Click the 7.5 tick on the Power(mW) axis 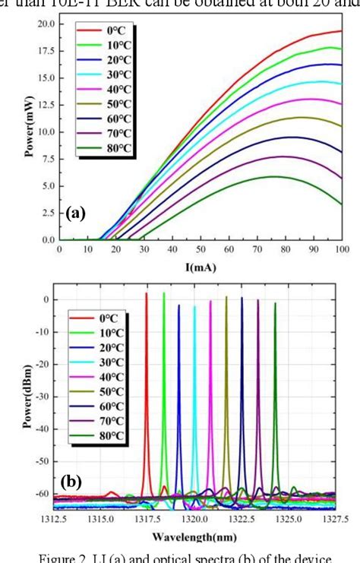(x=46, y=159)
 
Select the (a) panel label (x=74, y=215)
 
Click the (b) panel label (x=72, y=482)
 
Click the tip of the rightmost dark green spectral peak (x=275, y=303)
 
